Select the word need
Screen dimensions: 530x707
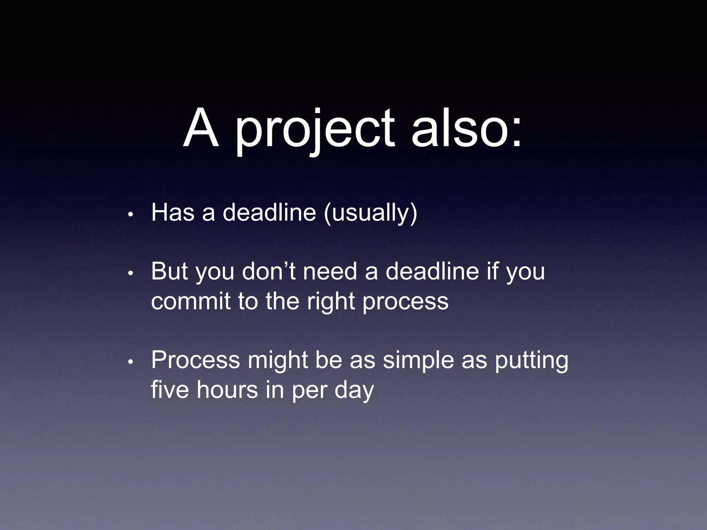pyautogui.click(x=330, y=271)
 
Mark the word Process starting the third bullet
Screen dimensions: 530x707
pyautogui.click(x=195, y=360)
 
